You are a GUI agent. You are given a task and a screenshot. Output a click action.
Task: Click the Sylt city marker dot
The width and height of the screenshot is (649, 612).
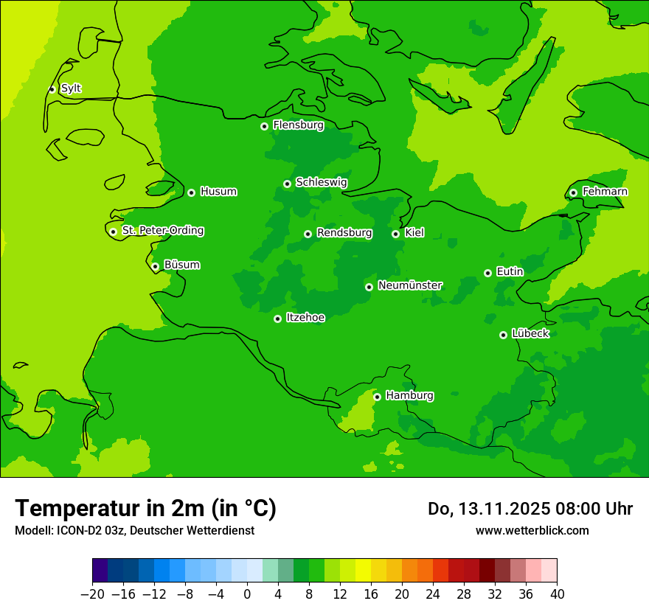point(52,89)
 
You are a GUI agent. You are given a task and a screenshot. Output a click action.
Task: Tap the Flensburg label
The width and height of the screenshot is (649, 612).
point(298,125)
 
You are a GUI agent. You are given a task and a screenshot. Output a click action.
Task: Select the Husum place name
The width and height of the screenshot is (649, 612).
point(218,192)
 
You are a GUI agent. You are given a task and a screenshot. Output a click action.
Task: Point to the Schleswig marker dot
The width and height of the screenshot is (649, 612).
point(287,184)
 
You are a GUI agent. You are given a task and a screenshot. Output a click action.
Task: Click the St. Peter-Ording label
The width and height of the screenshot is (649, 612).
point(162,231)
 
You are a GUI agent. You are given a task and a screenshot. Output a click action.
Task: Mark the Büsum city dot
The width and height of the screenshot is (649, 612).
point(155,266)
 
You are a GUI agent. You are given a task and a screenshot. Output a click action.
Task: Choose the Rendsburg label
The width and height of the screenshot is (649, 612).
point(344,233)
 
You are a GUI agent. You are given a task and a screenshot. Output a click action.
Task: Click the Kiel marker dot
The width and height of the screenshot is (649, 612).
point(395,234)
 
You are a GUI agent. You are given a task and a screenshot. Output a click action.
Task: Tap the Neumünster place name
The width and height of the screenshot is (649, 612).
point(410,285)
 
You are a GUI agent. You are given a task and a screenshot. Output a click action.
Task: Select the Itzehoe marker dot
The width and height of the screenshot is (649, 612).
point(277,319)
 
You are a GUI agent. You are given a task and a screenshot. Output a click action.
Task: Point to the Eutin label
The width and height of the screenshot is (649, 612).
point(510,272)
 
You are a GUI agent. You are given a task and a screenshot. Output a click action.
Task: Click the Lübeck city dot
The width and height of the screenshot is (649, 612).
point(503,335)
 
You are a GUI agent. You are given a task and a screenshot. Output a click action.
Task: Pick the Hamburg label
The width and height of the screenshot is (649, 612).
point(409,396)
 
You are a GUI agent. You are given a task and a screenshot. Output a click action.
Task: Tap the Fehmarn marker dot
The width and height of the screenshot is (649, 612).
point(573,192)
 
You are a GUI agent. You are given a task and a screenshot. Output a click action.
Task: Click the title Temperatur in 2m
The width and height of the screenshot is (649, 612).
point(145,508)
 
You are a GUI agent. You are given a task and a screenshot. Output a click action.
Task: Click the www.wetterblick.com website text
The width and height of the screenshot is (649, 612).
point(532,530)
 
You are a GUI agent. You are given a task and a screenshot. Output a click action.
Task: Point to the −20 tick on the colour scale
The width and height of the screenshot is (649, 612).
point(93,594)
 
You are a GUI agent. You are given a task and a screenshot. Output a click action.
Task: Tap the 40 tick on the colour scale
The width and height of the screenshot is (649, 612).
point(557,594)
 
